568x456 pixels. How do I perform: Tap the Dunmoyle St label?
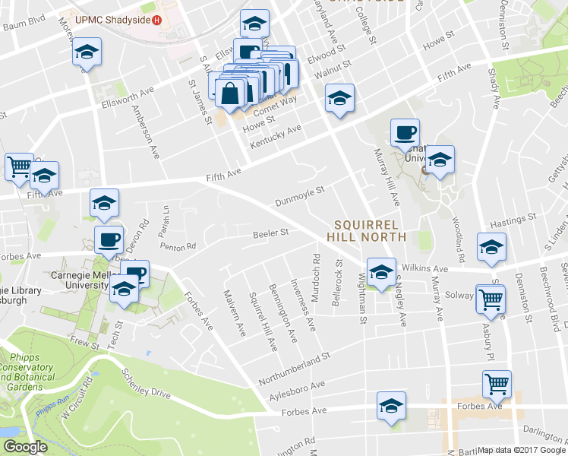299,196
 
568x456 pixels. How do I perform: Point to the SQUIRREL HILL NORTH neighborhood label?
368,230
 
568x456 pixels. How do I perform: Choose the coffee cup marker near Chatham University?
404,134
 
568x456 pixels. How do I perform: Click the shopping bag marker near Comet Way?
230,94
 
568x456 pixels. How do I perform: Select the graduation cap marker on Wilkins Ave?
380,272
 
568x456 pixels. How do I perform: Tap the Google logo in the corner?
24,447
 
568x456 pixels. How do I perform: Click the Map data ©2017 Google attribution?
522,450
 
